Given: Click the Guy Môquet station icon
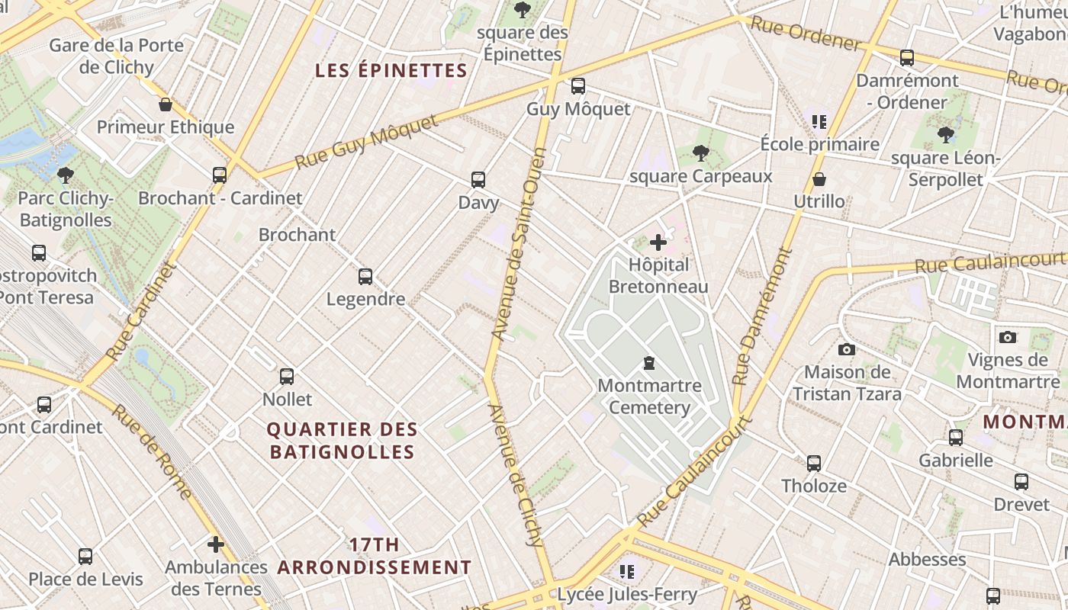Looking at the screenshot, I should [x=578, y=86].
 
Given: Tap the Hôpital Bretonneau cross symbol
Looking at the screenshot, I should [x=658, y=243].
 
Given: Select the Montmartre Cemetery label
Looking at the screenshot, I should [x=649, y=396].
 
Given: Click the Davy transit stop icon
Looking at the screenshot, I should [x=478, y=180].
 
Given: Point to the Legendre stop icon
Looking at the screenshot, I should [x=365, y=277].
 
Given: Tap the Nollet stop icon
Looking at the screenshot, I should [x=287, y=377].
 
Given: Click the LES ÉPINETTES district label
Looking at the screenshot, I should [x=391, y=71].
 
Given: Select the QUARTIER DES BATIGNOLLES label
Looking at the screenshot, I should [x=342, y=441].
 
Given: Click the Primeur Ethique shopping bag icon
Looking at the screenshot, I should [x=166, y=104].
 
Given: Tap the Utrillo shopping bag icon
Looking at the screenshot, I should [x=819, y=179].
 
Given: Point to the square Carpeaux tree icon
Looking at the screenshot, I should [x=700, y=153].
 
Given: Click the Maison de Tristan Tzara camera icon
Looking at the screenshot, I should [x=846, y=350].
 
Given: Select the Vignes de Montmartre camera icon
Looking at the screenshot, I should [x=1008, y=337].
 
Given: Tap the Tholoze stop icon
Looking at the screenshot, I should [x=814, y=463].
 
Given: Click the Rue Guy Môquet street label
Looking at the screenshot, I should [x=367, y=143].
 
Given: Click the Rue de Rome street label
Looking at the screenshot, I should [x=152, y=451].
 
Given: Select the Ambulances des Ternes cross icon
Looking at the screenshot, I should [x=216, y=544].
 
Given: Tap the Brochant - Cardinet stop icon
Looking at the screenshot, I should [x=220, y=175].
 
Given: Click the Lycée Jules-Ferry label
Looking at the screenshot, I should [x=627, y=594].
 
